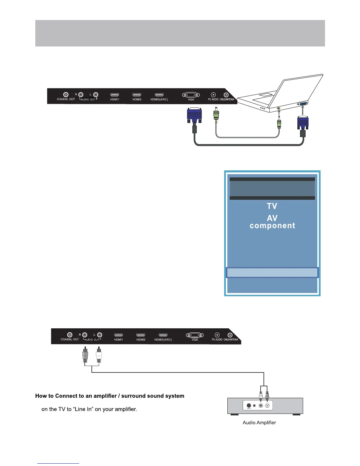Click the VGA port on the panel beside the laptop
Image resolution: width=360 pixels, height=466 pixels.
(191, 95)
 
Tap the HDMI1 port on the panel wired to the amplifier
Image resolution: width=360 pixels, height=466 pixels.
(119, 335)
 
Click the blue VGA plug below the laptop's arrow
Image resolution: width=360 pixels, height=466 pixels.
(303, 123)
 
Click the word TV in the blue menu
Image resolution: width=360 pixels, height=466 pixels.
(272, 206)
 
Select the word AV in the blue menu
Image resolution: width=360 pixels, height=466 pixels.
(272, 218)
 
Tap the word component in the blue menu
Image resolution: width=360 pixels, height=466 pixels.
(272, 226)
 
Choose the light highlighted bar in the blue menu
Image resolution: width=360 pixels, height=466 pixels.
(272, 272)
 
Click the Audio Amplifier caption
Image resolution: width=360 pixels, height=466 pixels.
(259, 422)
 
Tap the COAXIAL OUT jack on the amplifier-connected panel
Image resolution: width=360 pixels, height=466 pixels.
(70, 335)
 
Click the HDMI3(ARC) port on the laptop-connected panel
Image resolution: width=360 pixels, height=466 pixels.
(159, 95)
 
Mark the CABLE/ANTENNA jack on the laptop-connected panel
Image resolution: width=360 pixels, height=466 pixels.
(226, 95)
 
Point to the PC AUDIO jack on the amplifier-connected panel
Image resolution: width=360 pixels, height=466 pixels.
(217, 335)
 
